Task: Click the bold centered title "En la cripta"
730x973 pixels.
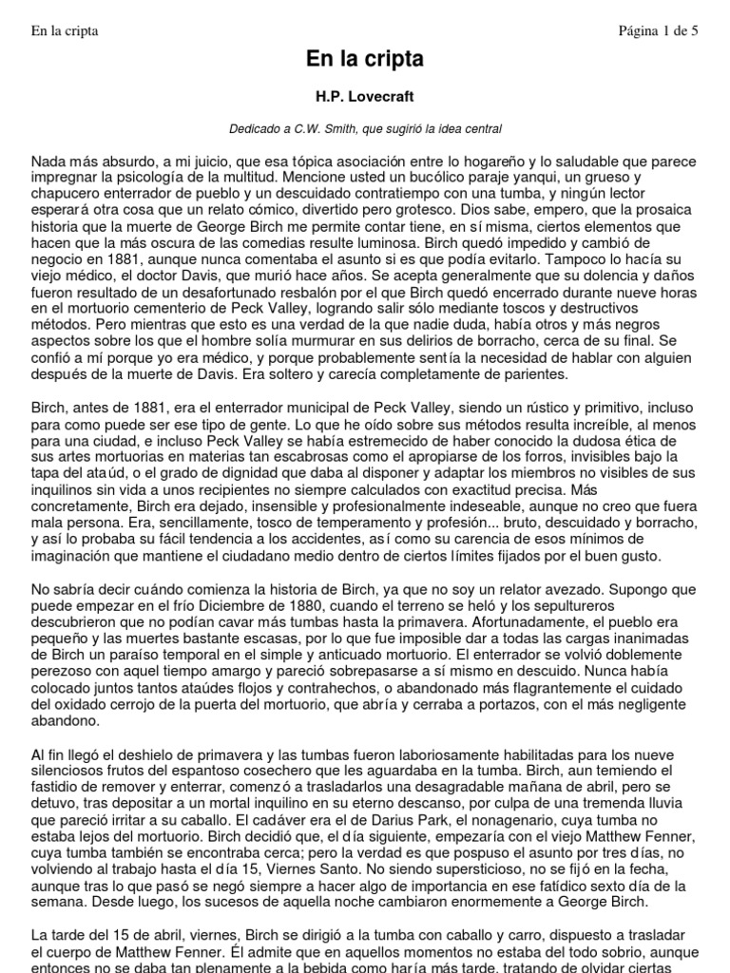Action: pyautogui.click(x=365, y=60)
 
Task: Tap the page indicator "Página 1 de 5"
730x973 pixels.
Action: pyautogui.click(x=658, y=30)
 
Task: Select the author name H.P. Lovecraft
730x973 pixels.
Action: pyautogui.click(x=365, y=97)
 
